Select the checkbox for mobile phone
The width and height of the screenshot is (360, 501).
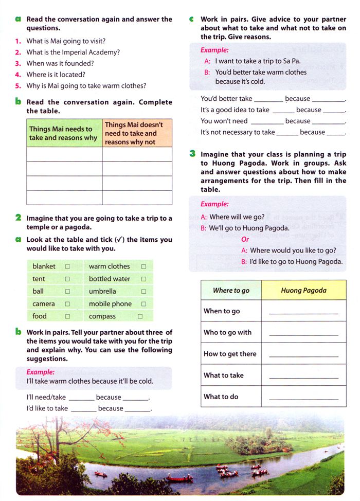[143, 304]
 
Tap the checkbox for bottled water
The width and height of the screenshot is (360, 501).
[143, 279]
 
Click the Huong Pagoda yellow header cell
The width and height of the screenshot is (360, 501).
[303, 291]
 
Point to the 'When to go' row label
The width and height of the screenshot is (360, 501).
[222, 311]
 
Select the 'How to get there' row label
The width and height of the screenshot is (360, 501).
[230, 354]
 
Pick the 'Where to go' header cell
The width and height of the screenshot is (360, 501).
[231, 291]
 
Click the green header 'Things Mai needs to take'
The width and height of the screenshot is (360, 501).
[64, 133]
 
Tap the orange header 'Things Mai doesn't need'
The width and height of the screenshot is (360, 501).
[137, 133]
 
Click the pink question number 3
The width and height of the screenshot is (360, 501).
[17, 63]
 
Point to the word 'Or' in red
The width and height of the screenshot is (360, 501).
[245, 239]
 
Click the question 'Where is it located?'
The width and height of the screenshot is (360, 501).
[56, 75]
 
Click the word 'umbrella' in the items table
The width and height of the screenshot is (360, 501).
[102, 292]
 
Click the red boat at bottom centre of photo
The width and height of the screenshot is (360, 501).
[179, 478]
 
